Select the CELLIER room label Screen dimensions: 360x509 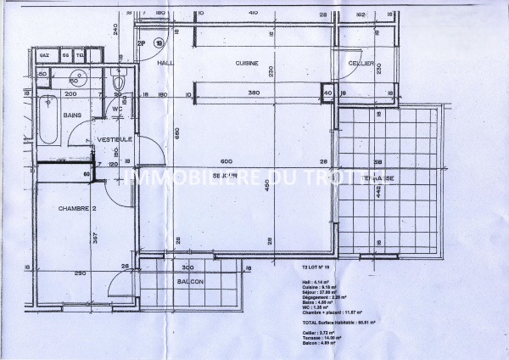pyautogui.click(x=361, y=64)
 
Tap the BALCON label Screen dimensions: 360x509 pyautogui.click(x=190, y=281)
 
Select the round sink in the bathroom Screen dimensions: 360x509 pyautogui.click(x=80, y=80)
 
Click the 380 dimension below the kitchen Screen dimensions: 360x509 pyautogui.click(x=253, y=93)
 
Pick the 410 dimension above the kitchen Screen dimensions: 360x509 pyautogui.click(x=253, y=13)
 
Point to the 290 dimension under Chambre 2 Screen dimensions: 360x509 pyautogui.click(x=78, y=274)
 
